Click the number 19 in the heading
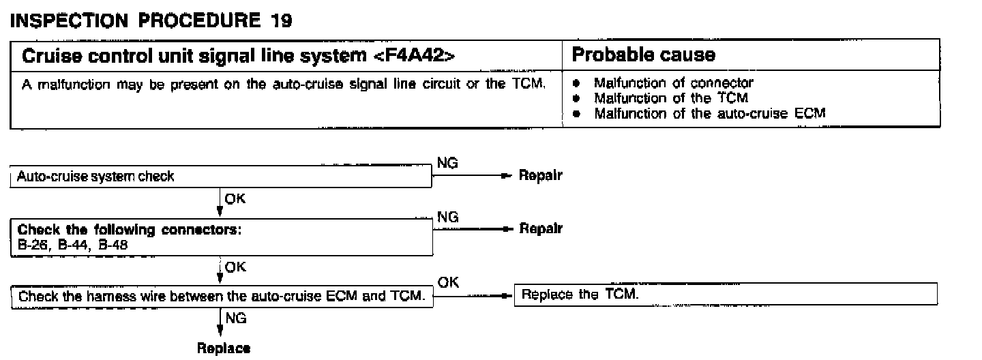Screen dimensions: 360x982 click(x=279, y=20)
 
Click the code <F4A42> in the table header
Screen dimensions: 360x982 click(x=414, y=55)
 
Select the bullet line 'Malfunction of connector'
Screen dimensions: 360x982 click(x=673, y=83)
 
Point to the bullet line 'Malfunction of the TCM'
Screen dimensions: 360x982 click(x=670, y=98)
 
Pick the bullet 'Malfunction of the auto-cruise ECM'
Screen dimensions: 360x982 click(x=709, y=113)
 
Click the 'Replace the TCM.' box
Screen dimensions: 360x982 click(x=725, y=295)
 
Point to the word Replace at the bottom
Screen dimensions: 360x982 click(x=223, y=348)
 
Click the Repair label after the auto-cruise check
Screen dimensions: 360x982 click(x=540, y=175)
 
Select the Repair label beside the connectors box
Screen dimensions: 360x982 click(x=540, y=229)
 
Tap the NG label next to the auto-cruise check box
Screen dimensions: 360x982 click(x=447, y=164)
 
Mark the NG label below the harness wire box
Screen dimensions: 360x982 click(x=236, y=318)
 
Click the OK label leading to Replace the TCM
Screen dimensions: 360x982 click(x=448, y=282)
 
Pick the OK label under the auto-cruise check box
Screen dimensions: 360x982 click(x=235, y=199)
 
